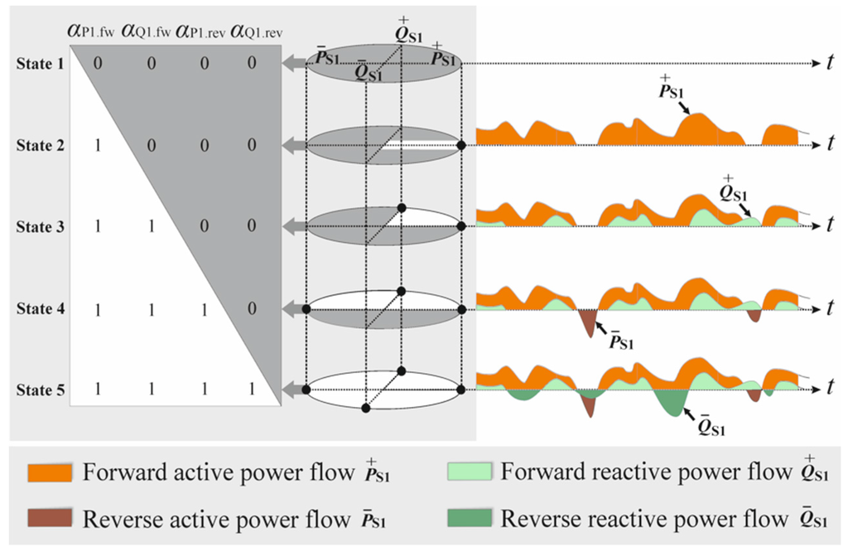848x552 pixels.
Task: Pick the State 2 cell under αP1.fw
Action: tap(98, 146)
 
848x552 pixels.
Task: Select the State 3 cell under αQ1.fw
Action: tap(152, 226)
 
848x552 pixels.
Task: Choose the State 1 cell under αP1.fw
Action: tap(98, 64)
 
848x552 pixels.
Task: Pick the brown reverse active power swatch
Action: tap(53, 518)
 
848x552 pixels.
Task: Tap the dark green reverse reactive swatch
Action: tap(470, 518)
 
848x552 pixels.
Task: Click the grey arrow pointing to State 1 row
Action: tap(293, 64)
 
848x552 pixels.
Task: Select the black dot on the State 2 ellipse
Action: tap(460, 146)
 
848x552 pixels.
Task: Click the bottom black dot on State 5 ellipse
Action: tap(366, 407)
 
